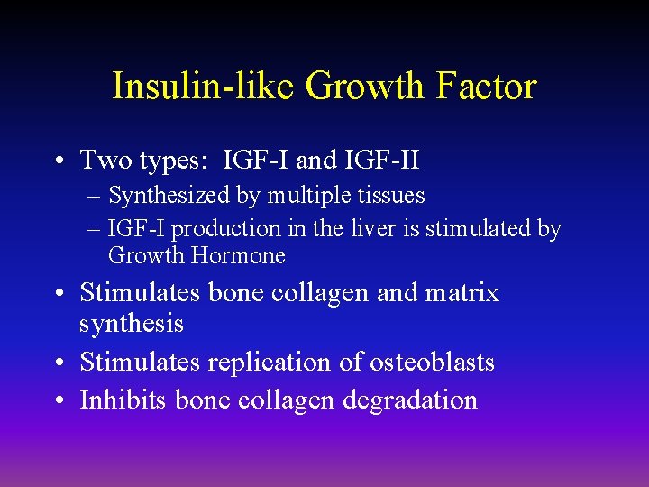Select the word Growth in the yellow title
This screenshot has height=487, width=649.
(x=365, y=87)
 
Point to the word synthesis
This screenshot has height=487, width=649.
(x=132, y=324)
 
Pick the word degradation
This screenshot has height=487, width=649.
(x=411, y=400)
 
